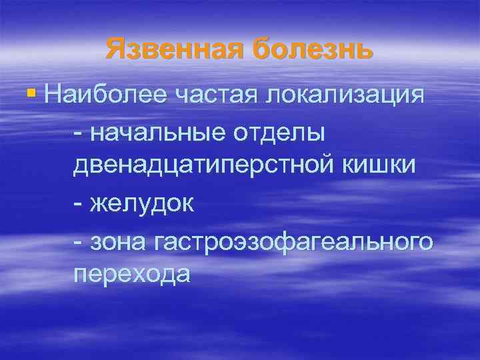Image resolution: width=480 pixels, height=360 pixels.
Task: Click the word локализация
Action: [x=345, y=94]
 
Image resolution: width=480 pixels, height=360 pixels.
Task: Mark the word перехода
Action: [x=131, y=275]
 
